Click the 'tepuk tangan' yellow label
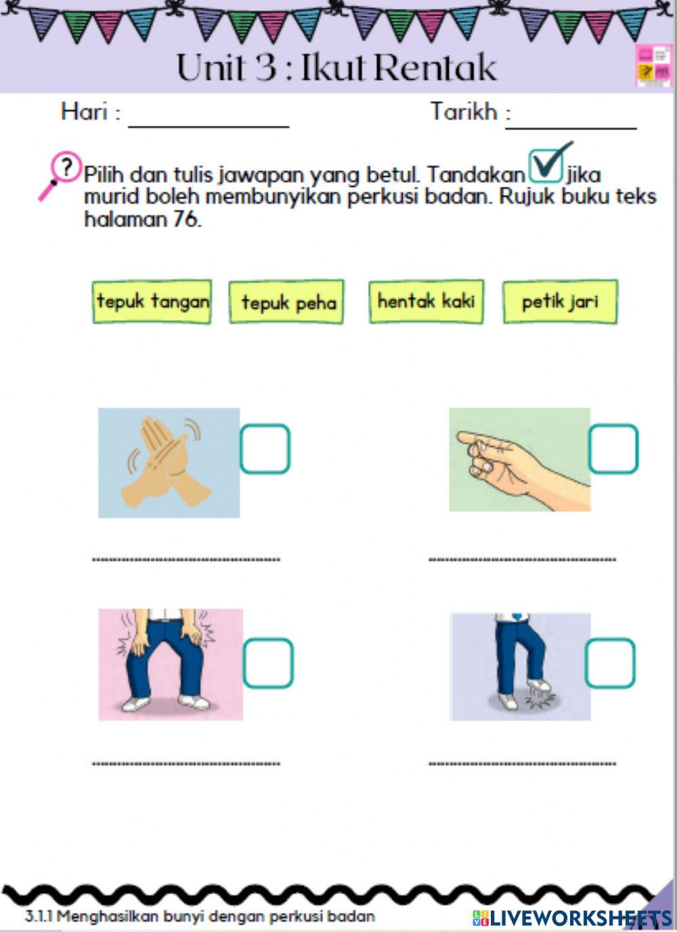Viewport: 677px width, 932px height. pos(152,302)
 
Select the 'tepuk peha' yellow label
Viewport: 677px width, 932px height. pos(286,302)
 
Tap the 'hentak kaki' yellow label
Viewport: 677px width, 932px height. pos(426,301)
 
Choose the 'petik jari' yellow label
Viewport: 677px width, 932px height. pos(560,301)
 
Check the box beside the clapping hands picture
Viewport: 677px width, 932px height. pos(265,449)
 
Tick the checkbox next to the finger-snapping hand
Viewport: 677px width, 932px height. pos(613,449)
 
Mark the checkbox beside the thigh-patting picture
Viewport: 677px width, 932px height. pos(268,663)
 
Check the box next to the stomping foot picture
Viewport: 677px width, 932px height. pos(610,663)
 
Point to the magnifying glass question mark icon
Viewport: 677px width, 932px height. pos(58,173)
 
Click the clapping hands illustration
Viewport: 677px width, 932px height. pos(169,462)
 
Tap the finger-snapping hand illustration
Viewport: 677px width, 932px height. pos(519,460)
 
